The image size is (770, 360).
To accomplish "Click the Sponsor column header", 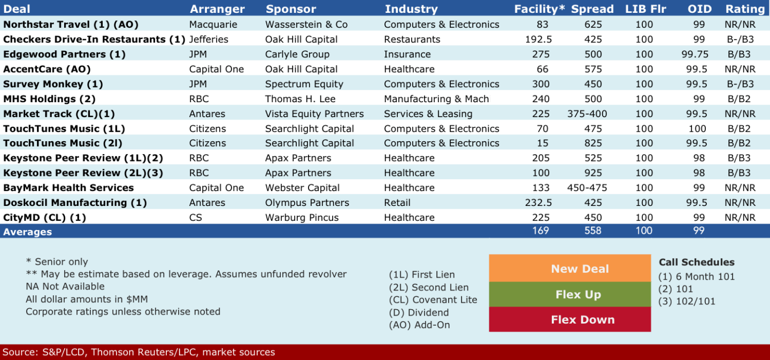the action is click(x=291, y=9).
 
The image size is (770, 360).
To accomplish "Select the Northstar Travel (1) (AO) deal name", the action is click(x=71, y=25).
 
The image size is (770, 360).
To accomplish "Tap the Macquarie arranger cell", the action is click(x=213, y=25).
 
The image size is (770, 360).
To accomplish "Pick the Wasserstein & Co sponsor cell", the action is click(x=306, y=25).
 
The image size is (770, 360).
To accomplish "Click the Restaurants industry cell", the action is click(x=412, y=39).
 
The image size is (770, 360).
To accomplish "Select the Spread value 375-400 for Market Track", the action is click(x=587, y=114).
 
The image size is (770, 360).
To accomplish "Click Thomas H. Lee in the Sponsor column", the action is click(x=300, y=99).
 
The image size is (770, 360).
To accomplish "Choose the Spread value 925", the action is click(x=593, y=173).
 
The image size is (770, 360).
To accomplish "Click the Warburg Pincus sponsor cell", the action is click(x=302, y=217).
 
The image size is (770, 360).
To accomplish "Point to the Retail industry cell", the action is click(x=397, y=203).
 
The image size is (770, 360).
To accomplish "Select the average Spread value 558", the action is click(x=593, y=231).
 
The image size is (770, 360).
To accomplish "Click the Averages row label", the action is click(x=27, y=232).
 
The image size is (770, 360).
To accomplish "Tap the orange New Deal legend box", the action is click(x=570, y=268).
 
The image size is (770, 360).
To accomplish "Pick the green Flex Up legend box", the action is click(x=570, y=294).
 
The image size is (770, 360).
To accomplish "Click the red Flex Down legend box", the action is click(x=570, y=319).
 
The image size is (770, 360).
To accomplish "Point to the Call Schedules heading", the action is click(x=696, y=262).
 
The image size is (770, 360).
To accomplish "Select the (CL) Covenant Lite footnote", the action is click(x=433, y=300).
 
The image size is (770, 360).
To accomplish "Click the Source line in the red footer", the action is click(x=138, y=352).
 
